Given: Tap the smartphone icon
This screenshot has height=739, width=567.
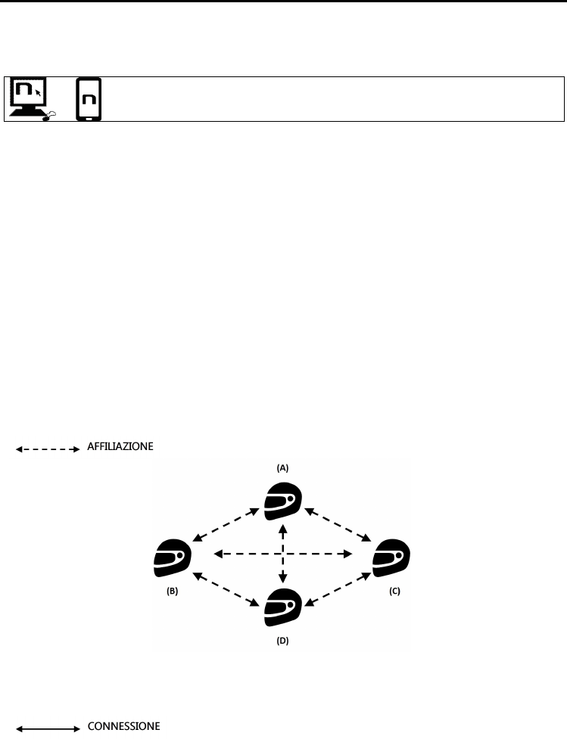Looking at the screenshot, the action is (x=89, y=99).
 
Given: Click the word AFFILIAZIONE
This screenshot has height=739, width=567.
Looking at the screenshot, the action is (x=120, y=447).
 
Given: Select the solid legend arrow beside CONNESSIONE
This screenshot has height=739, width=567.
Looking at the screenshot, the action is (x=47, y=728).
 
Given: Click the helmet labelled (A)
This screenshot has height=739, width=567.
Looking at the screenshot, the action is (x=282, y=501).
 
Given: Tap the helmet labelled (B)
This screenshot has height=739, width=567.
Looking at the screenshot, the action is (x=172, y=557).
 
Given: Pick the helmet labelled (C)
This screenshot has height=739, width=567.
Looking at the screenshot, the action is (x=391, y=557).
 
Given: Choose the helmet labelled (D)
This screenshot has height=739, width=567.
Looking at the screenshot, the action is (x=282, y=608).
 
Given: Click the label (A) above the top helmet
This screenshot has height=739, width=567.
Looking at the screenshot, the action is (x=282, y=468).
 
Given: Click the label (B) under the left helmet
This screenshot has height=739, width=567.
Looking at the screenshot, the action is (x=173, y=592).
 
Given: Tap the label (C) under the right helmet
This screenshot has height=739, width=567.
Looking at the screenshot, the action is (x=394, y=592).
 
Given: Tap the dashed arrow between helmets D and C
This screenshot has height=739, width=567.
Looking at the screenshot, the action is (x=338, y=589).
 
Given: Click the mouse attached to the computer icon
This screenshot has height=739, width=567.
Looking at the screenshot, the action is (x=48, y=116).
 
